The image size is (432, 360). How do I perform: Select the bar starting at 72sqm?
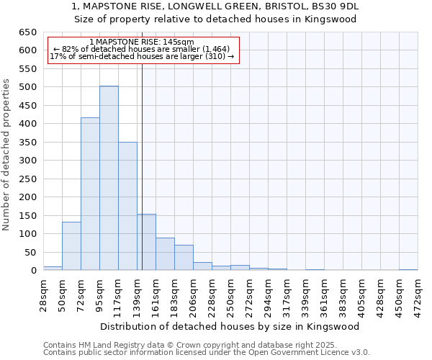90,194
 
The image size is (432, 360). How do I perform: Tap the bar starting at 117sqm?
127,206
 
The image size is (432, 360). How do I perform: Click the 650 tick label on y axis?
27,32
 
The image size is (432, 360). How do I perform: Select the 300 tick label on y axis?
27,161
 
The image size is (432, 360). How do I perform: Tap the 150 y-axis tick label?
27,216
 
